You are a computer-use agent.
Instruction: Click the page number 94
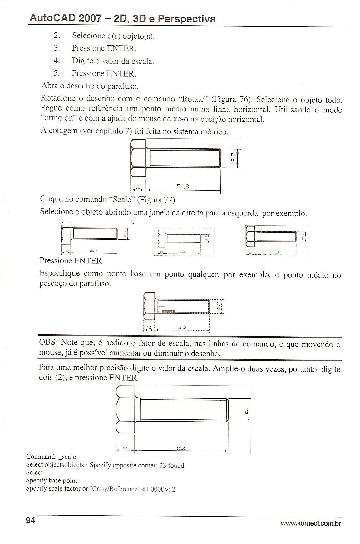pyautogui.click(x=30, y=521)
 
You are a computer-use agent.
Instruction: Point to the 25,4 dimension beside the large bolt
pyautogui.click(x=246, y=409)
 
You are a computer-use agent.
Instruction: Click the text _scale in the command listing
pyautogui.click(x=67, y=457)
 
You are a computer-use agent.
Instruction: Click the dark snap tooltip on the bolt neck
pyautogui.click(x=169, y=312)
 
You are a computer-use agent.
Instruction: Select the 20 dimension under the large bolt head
pyautogui.click(x=125, y=448)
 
